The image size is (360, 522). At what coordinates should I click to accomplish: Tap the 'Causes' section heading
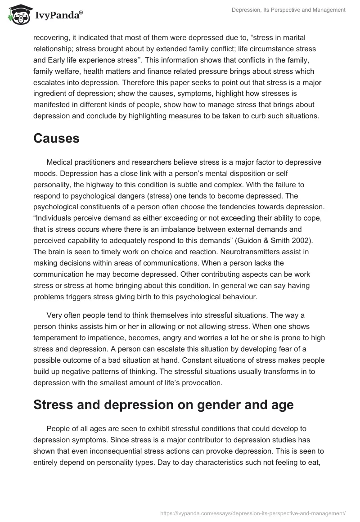[x=56, y=139]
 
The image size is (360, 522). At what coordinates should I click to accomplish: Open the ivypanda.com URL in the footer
[x=253, y=513]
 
